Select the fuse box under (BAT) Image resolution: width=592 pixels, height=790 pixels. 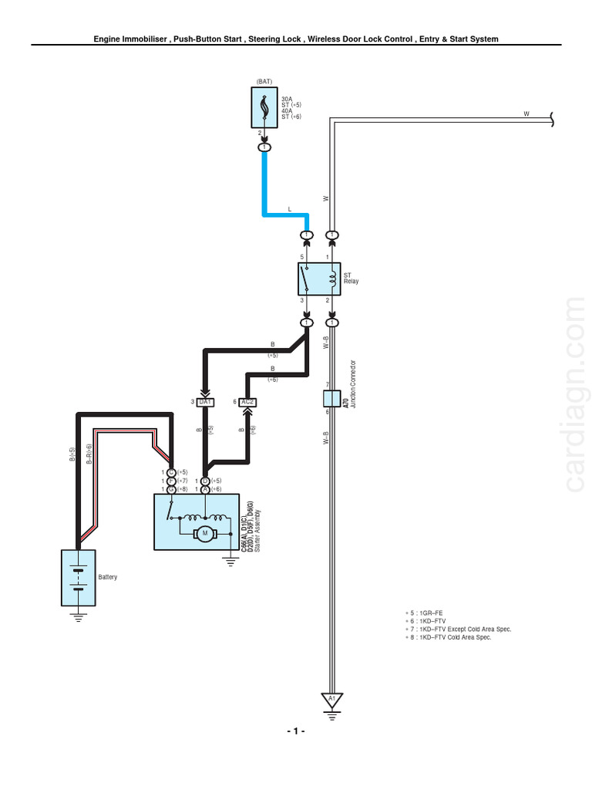coord(264,107)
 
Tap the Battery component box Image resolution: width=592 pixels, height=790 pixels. coord(78,577)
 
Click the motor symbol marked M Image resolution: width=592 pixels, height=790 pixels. coord(206,532)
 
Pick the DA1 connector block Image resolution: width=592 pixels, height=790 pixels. coord(206,402)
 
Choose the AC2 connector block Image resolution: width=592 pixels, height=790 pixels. coord(247,402)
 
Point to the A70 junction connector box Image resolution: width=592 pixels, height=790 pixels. coord(332,399)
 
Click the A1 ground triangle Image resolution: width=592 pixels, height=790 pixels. coord(332,700)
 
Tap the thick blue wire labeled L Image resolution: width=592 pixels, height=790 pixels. coord(264,185)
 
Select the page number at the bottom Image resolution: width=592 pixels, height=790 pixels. coord(296,731)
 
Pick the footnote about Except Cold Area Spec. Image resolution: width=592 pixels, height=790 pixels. coord(458,630)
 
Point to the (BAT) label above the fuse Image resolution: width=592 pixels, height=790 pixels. coord(264,82)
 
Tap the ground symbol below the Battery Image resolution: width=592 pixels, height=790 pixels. coord(78,616)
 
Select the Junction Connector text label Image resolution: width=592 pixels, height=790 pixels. coord(353,383)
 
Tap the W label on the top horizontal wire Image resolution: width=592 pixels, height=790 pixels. coord(526,113)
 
